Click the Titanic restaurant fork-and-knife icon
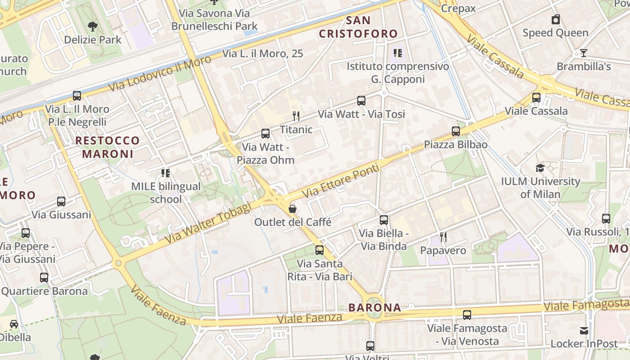pyautogui.click(x=296, y=116)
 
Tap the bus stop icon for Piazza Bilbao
pyautogui.click(x=456, y=131)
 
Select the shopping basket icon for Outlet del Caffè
pyautogui.click(x=292, y=209)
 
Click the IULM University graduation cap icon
pyautogui.click(x=540, y=168)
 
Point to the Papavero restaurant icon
pyautogui.click(x=443, y=237)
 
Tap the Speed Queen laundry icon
pyautogui.click(x=556, y=19)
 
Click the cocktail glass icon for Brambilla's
pyautogui.click(x=584, y=53)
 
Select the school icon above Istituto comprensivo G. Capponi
pyautogui.click(x=397, y=54)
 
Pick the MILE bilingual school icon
pyautogui.click(x=166, y=173)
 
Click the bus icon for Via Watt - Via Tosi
pyautogui.click(x=361, y=101)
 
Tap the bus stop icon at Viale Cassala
pyautogui.click(x=536, y=98)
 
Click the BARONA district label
pyautogui.click(x=375, y=308)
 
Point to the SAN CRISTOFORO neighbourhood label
pyautogui.click(x=359, y=27)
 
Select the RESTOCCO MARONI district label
pyautogui.click(x=108, y=147)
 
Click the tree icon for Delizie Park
pyautogui.click(x=93, y=26)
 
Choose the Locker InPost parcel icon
pyautogui.click(x=584, y=331)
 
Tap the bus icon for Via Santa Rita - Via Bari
pyautogui.click(x=319, y=250)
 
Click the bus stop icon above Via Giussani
pyautogui.click(x=61, y=202)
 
